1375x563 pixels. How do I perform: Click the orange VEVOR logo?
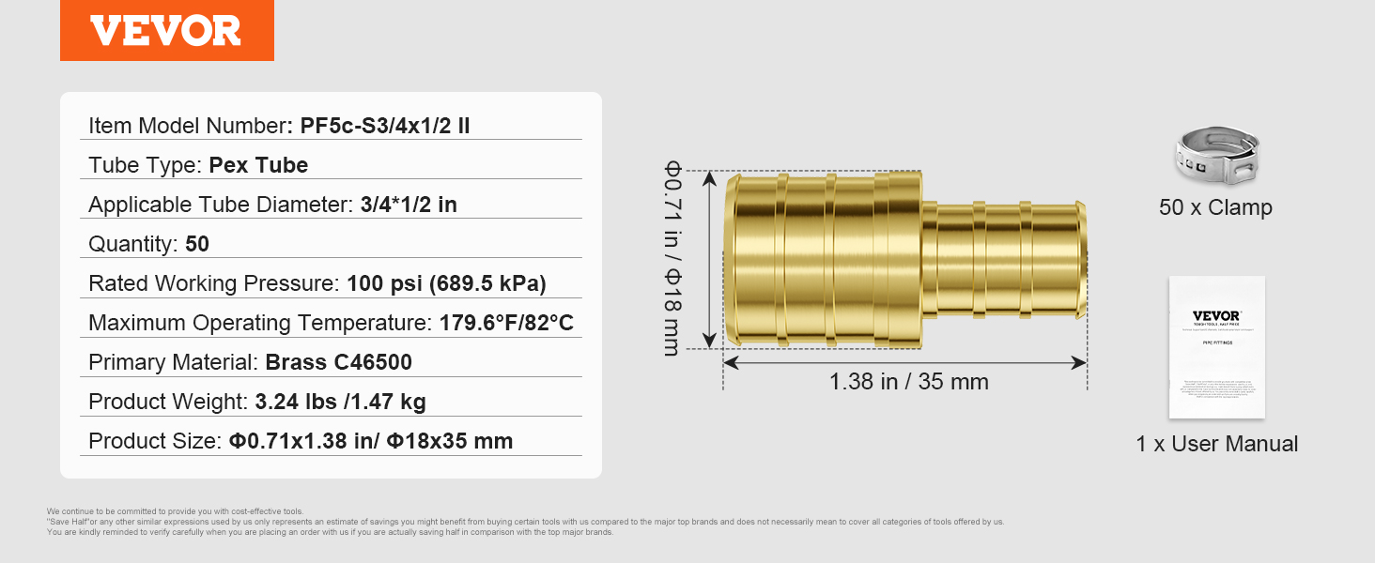166,30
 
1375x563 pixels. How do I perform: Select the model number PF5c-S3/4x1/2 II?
385,126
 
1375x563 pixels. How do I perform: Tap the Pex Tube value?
258,165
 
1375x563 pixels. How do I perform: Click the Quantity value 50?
197,244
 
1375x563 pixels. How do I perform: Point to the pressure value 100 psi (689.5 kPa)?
446,283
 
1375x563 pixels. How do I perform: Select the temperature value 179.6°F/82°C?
506,323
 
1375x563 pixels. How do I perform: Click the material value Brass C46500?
339,362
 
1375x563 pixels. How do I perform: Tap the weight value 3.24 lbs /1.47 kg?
340,402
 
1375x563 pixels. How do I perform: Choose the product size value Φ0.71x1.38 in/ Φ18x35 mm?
371,441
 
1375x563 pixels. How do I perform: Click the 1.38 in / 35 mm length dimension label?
908,382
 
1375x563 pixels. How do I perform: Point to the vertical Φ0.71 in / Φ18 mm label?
672,258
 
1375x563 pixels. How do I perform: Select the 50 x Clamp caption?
1215,207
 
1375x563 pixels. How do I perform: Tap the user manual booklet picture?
1216,346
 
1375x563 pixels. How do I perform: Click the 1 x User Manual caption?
1216,444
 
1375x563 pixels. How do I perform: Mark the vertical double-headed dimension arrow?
709,260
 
